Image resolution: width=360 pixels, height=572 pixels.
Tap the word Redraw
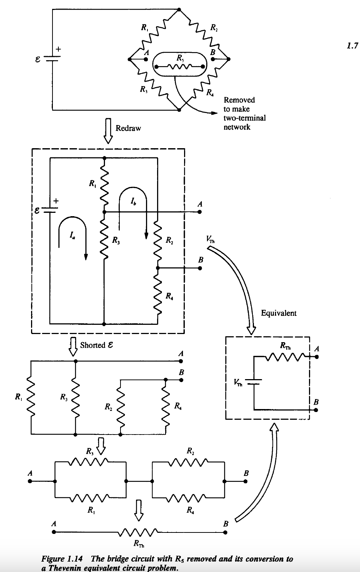[x=128, y=128]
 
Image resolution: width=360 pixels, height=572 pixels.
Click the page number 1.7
[x=353, y=46]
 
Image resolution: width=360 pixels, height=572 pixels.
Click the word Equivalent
[x=279, y=313]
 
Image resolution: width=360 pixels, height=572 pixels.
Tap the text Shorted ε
[x=96, y=345]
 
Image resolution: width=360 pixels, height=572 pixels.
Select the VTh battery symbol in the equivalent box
[x=254, y=382]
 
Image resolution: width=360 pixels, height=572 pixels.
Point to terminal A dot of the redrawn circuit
[x=200, y=212]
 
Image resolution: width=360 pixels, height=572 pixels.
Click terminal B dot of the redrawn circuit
[x=200, y=268]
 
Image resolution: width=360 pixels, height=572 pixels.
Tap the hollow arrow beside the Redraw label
[x=108, y=130]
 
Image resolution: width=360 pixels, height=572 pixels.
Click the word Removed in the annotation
[x=239, y=100]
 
